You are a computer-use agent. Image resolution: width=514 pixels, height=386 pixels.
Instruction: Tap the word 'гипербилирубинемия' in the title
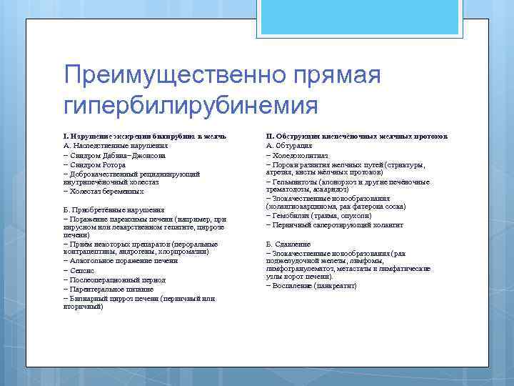[190, 105]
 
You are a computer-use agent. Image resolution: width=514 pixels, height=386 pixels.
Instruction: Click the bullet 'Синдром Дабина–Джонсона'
[115, 154]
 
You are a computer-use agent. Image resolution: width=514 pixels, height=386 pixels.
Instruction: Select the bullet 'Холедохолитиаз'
[299, 154]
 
